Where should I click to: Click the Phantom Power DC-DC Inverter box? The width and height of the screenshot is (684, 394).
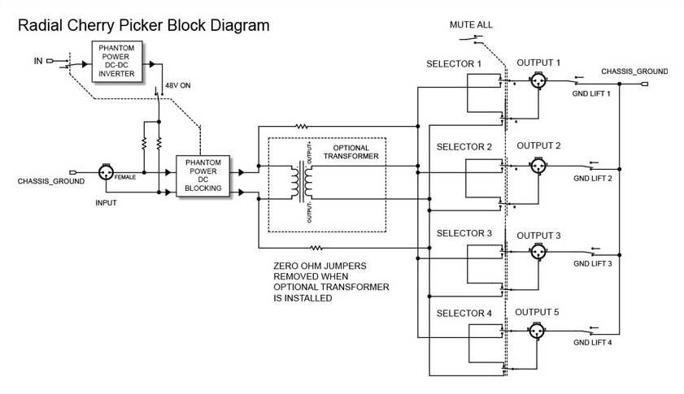tap(117, 61)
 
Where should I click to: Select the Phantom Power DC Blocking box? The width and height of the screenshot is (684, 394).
tap(203, 175)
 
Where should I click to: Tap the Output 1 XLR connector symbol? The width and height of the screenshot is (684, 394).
tap(538, 80)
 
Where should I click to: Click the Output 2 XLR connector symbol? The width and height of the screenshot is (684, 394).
tap(538, 166)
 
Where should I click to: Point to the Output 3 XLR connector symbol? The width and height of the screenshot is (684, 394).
tap(538, 252)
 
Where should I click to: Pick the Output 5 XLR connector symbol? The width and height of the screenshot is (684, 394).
tap(536, 331)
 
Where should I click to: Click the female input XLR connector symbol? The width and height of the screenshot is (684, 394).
tap(106, 172)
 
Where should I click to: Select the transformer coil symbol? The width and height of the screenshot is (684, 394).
tap(302, 182)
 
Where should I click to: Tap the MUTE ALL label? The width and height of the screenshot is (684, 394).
tap(471, 25)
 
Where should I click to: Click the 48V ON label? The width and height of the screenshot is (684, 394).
tap(177, 85)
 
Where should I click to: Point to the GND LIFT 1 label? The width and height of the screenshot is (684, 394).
tap(591, 93)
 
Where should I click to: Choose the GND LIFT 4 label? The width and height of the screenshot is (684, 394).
tap(592, 343)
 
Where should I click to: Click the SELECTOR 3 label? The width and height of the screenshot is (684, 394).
tap(464, 233)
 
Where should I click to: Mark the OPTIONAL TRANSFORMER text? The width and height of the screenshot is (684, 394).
tap(351, 152)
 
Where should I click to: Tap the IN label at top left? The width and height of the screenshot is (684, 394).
tap(38, 61)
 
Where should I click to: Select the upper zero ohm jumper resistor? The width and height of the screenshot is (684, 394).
tap(302, 127)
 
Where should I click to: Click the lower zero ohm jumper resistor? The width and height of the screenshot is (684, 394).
tap(316, 248)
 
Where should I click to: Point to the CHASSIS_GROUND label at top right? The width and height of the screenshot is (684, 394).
tap(634, 71)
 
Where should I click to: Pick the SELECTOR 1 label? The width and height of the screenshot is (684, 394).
tap(454, 64)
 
